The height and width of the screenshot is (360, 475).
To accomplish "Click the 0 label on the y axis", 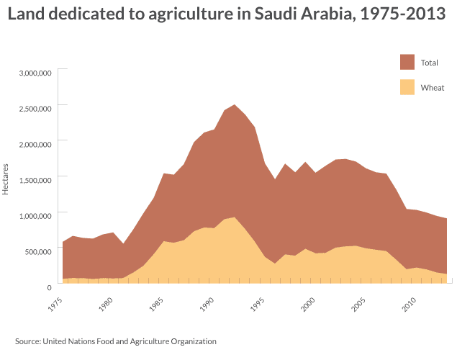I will (x=48, y=287).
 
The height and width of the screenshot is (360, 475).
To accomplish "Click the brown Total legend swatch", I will (x=407, y=62).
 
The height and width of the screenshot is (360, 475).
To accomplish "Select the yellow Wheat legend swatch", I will (x=407, y=87).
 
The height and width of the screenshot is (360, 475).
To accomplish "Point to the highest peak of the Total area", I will (x=234, y=105).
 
